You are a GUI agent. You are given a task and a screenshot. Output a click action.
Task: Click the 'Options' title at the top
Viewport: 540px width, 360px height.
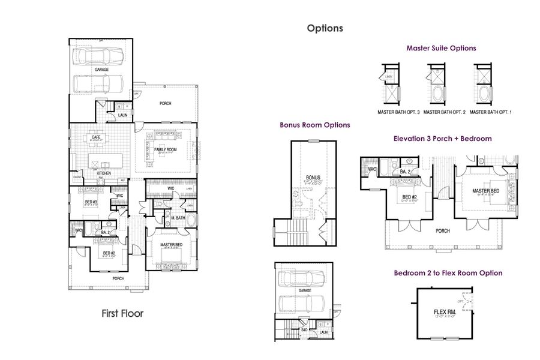(325, 28)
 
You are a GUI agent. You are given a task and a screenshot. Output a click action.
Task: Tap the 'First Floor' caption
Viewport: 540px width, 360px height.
(122, 313)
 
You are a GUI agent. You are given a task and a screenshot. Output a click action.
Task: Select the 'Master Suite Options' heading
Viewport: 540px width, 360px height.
(441, 48)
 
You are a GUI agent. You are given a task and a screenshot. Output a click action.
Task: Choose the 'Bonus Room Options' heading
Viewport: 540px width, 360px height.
(315, 125)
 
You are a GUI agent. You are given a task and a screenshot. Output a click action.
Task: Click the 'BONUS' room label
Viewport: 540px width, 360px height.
(313, 178)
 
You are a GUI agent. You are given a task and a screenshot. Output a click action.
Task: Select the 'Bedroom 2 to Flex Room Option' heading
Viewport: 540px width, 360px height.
(448, 273)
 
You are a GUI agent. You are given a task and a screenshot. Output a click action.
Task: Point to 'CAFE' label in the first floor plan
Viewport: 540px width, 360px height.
(95, 137)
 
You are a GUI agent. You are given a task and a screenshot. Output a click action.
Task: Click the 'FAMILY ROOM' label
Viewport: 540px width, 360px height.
(165, 149)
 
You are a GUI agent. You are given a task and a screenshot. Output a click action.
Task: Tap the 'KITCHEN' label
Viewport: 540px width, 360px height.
(103, 173)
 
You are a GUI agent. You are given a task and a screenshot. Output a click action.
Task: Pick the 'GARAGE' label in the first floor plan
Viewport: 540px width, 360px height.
(101, 70)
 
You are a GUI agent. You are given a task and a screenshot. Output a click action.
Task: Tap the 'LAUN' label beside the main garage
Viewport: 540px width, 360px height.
(122, 115)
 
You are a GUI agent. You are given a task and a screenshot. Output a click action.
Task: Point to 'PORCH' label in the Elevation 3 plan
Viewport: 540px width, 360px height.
(442, 230)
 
